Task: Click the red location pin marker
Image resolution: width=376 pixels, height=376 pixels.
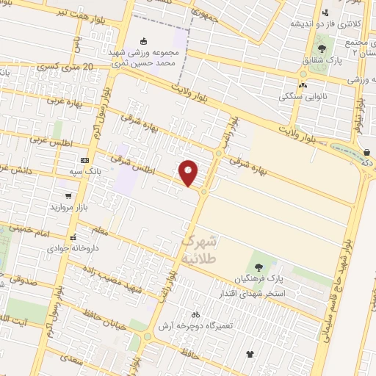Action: click(x=189, y=173)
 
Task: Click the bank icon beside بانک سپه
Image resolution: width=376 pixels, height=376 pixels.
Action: click(x=85, y=160)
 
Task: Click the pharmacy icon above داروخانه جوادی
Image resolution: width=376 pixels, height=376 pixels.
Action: click(x=73, y=237)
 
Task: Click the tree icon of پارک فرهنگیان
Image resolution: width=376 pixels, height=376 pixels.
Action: click(x=258, y=267)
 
